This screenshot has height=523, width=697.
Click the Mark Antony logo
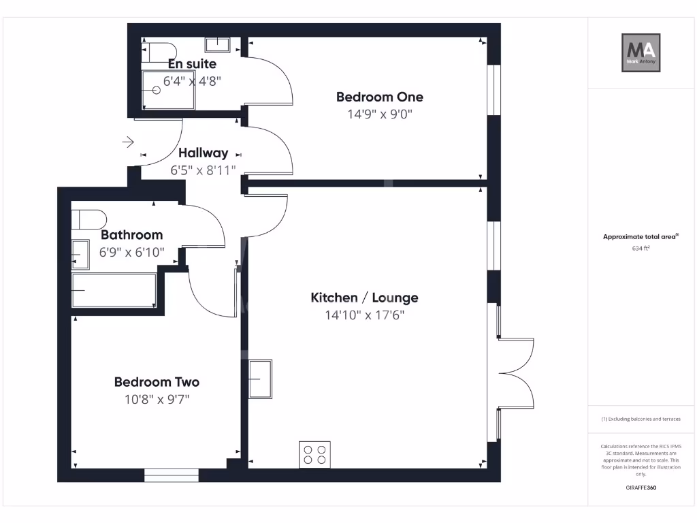coord(641,52)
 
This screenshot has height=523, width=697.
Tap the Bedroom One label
coord(379,97)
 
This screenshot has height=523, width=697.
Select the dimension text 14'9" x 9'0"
coord(380,114)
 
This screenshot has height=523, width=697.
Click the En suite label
coord(193,64)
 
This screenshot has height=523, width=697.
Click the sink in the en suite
coord(218,44)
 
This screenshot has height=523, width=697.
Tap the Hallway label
coord(203,153)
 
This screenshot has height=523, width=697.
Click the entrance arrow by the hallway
coord(128,142)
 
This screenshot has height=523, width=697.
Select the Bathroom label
coord(132,235)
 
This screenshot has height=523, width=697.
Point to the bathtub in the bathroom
coord(114,290)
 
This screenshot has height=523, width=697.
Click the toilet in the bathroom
coord(89,219)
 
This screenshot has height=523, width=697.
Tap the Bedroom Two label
coord(157,382)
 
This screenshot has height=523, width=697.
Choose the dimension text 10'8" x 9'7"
coord(157,399)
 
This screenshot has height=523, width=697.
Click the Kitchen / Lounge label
coord(364,298)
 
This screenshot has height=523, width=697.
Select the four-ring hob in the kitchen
coord(314,454)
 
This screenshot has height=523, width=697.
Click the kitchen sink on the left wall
coord(260,379)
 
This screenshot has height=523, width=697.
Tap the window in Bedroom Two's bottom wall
coord(171,475)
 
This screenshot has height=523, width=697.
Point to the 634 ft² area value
coord(641,249)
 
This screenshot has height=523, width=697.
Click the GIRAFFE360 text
coord(641,488)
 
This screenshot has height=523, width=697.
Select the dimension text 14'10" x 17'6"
coord(364,315)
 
